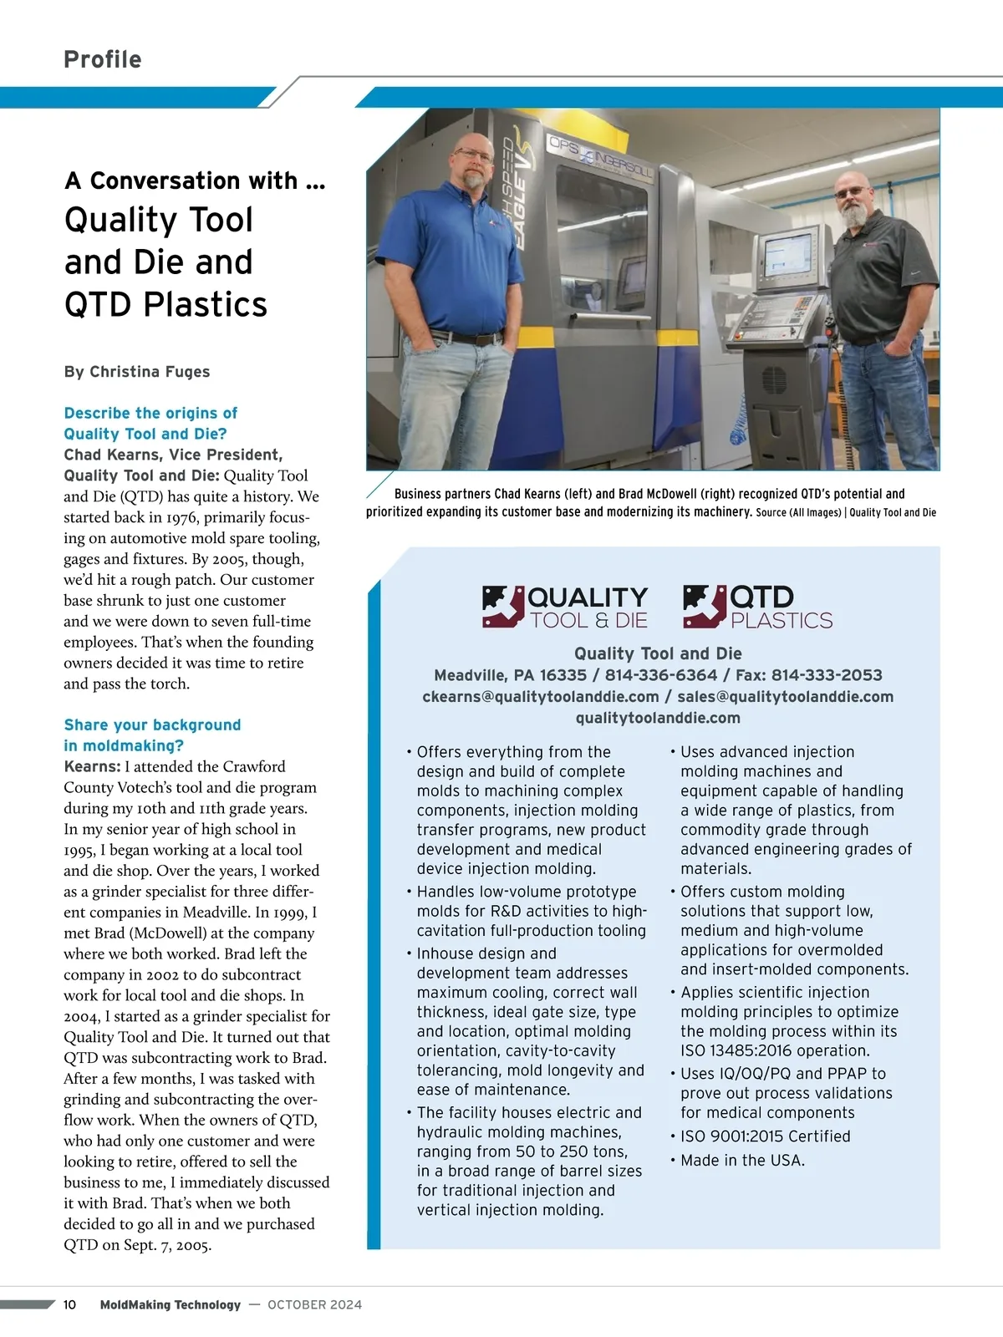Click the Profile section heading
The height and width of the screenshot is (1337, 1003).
[103, 59]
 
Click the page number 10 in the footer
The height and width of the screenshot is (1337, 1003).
[69, 1304]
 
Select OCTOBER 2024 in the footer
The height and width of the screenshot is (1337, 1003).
[315, 1304]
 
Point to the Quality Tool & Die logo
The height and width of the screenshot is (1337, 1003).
[565, 607]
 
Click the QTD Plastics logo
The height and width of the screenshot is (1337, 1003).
[758, 607]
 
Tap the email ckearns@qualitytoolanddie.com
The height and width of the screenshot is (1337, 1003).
[541, 697]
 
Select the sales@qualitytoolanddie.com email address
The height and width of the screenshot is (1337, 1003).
[785, 697]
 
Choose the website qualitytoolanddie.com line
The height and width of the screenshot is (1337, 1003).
[658, 718]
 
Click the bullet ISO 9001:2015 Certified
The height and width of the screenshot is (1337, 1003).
[765, 1136]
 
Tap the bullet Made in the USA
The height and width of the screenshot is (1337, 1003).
[742, 1161]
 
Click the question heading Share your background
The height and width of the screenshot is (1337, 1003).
[152, 724]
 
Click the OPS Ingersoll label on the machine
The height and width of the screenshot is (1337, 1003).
[600, 156]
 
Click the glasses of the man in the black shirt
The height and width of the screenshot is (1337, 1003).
[853, 192]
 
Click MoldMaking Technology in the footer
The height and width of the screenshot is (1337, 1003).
[170, 1304]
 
